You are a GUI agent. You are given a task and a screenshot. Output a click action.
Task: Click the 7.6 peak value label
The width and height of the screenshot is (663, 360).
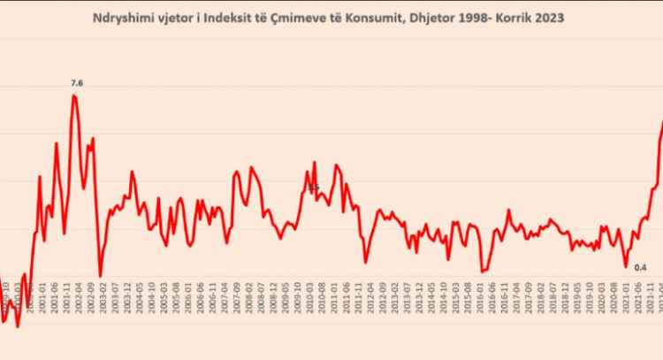tap(77, 83)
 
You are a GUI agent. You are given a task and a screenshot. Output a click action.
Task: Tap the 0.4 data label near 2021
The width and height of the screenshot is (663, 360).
tap(641, 267)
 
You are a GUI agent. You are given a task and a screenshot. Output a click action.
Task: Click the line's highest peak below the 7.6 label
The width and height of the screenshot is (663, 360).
tap(74, 96)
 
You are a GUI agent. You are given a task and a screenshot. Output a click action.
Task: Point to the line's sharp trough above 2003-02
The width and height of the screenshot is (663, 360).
tap(100, 276)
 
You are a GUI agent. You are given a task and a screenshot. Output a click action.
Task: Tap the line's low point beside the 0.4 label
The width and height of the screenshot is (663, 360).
tap(626, 265)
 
